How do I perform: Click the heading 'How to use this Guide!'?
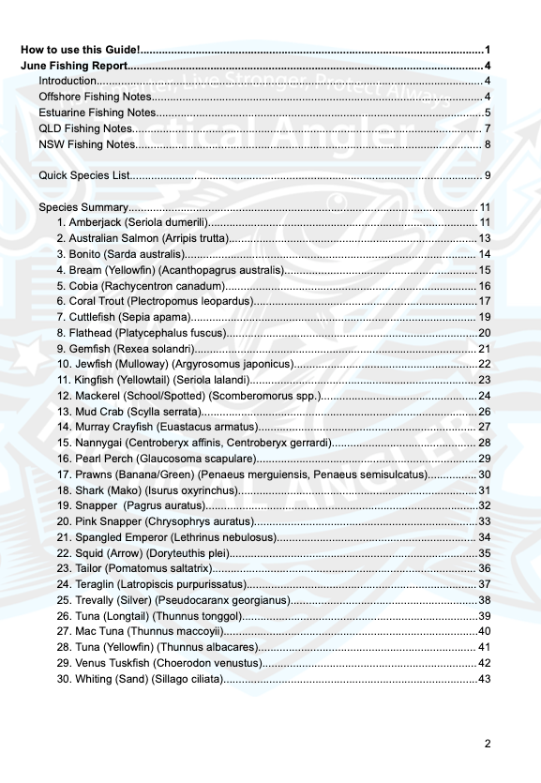pos(81,49)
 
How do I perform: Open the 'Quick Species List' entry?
pos(83,175)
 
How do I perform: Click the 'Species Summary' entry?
pos(83,207)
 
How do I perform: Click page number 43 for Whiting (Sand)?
pos(485,679)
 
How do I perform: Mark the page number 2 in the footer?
pos(488,744)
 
